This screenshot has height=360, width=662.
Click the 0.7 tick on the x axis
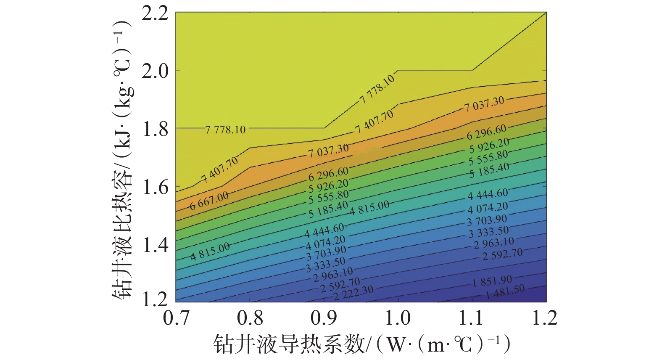click(x=176, y=318)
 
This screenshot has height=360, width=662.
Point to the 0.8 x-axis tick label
click(x=250, y=318)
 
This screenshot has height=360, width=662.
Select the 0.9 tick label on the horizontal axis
click(x=324, y=318)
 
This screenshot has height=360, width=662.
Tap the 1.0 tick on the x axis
click(x=398, y=318)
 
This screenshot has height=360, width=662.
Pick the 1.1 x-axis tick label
click(x=472, y=318)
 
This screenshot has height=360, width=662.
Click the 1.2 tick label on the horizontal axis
click(x=545, y=318)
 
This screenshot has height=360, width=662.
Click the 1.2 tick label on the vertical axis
click(x=155, y=299)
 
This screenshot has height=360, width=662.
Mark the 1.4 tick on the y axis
click(x=155, y=244)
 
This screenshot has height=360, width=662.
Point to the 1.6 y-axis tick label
click(x=155, y=187)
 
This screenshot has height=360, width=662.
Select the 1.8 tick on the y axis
click(x=155, y=129)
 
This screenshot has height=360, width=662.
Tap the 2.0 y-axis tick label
click(x=155, y=71)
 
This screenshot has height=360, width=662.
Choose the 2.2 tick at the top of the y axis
click(x=155, y=13)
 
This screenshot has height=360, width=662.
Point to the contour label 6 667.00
click(x=209, y=200)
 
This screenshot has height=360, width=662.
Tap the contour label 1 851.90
click(x=492, y=281)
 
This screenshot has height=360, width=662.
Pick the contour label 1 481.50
click(x=505, y=291)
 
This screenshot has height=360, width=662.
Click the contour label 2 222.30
click(x=353, y=293)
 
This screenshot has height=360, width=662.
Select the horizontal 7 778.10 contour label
click(x=225, y=129)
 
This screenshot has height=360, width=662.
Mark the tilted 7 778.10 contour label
click(x=377, y=89)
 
